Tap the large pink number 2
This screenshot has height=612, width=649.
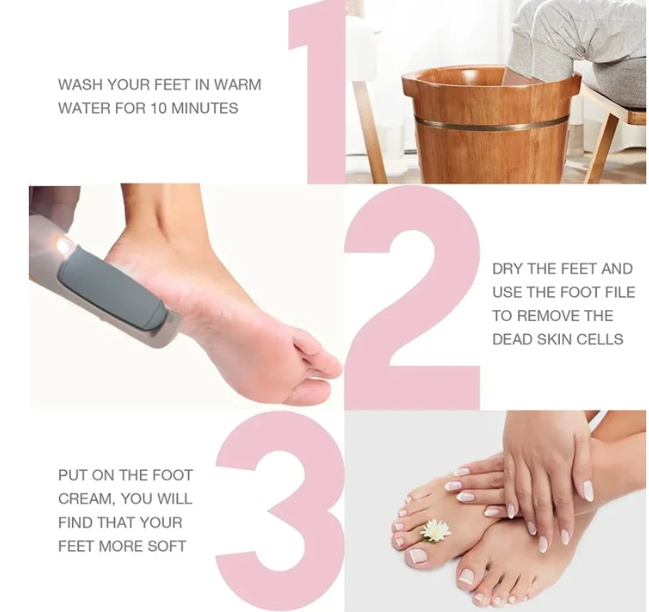point(412,302)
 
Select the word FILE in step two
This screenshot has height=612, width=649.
point(619,292)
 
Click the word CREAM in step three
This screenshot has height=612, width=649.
point(80,499)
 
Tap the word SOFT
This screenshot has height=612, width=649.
point(167,546)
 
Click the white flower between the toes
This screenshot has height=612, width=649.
point(435,530)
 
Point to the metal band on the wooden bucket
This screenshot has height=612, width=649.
point(491,123)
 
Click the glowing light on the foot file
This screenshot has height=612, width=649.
point(64,245)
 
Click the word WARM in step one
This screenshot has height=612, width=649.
point(237,85)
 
